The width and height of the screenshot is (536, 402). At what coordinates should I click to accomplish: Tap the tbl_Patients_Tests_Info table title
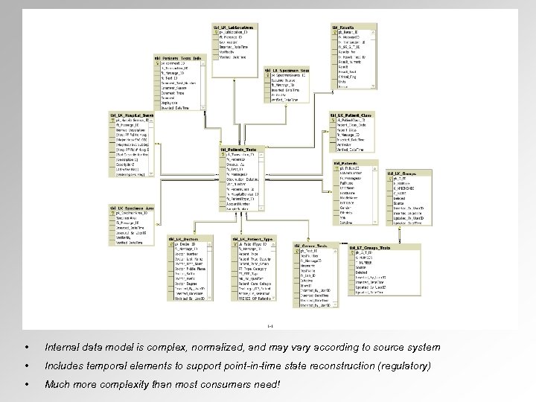(x=179, y=57)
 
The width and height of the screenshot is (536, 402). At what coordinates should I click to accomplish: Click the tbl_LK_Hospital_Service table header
(x=130, y=116)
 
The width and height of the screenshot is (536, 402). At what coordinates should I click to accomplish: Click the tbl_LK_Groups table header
(x=403, y=173)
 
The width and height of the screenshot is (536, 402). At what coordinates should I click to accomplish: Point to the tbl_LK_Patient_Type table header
(x=258, y=239)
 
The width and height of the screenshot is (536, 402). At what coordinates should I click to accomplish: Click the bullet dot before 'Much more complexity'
(x=27, y=385)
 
